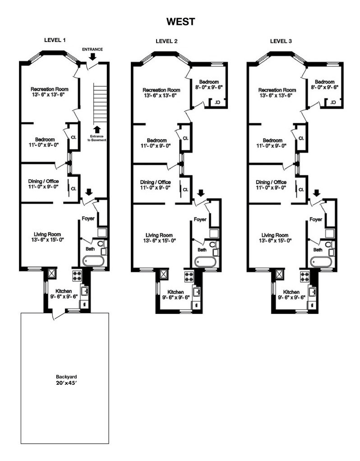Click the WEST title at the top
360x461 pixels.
[x=180, y=22]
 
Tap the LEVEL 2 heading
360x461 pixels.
[x=166, y=41]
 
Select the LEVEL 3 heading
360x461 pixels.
[x=281, y=41]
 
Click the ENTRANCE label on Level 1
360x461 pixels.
[x=92, y=49]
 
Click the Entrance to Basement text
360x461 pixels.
[x=97, y=138]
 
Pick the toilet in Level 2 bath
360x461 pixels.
[x=213, y=245]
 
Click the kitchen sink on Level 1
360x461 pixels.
[x=85, y=291]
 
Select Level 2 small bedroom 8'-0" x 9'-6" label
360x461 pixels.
[x=209, y=84]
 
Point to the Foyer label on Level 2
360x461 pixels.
[x=200, y=219]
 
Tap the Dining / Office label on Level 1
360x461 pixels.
[x=43, y=184]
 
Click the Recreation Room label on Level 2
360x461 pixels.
[x=162, y=93]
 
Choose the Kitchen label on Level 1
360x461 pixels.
[x=64, y=293]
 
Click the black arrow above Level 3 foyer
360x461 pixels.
[x=317, y=193]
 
